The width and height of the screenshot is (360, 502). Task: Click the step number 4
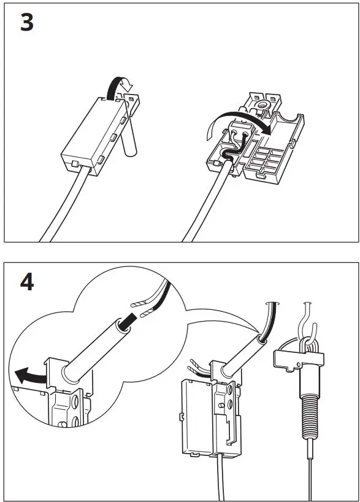[26, 283]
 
